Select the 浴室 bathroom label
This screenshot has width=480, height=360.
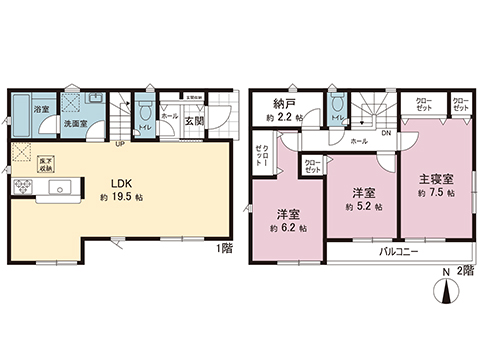pos(42,108)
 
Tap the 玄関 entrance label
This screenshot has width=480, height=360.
pos(193,123)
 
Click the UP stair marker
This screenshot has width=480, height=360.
pos(121,142)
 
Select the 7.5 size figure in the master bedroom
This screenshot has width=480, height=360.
pos(438,196)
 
